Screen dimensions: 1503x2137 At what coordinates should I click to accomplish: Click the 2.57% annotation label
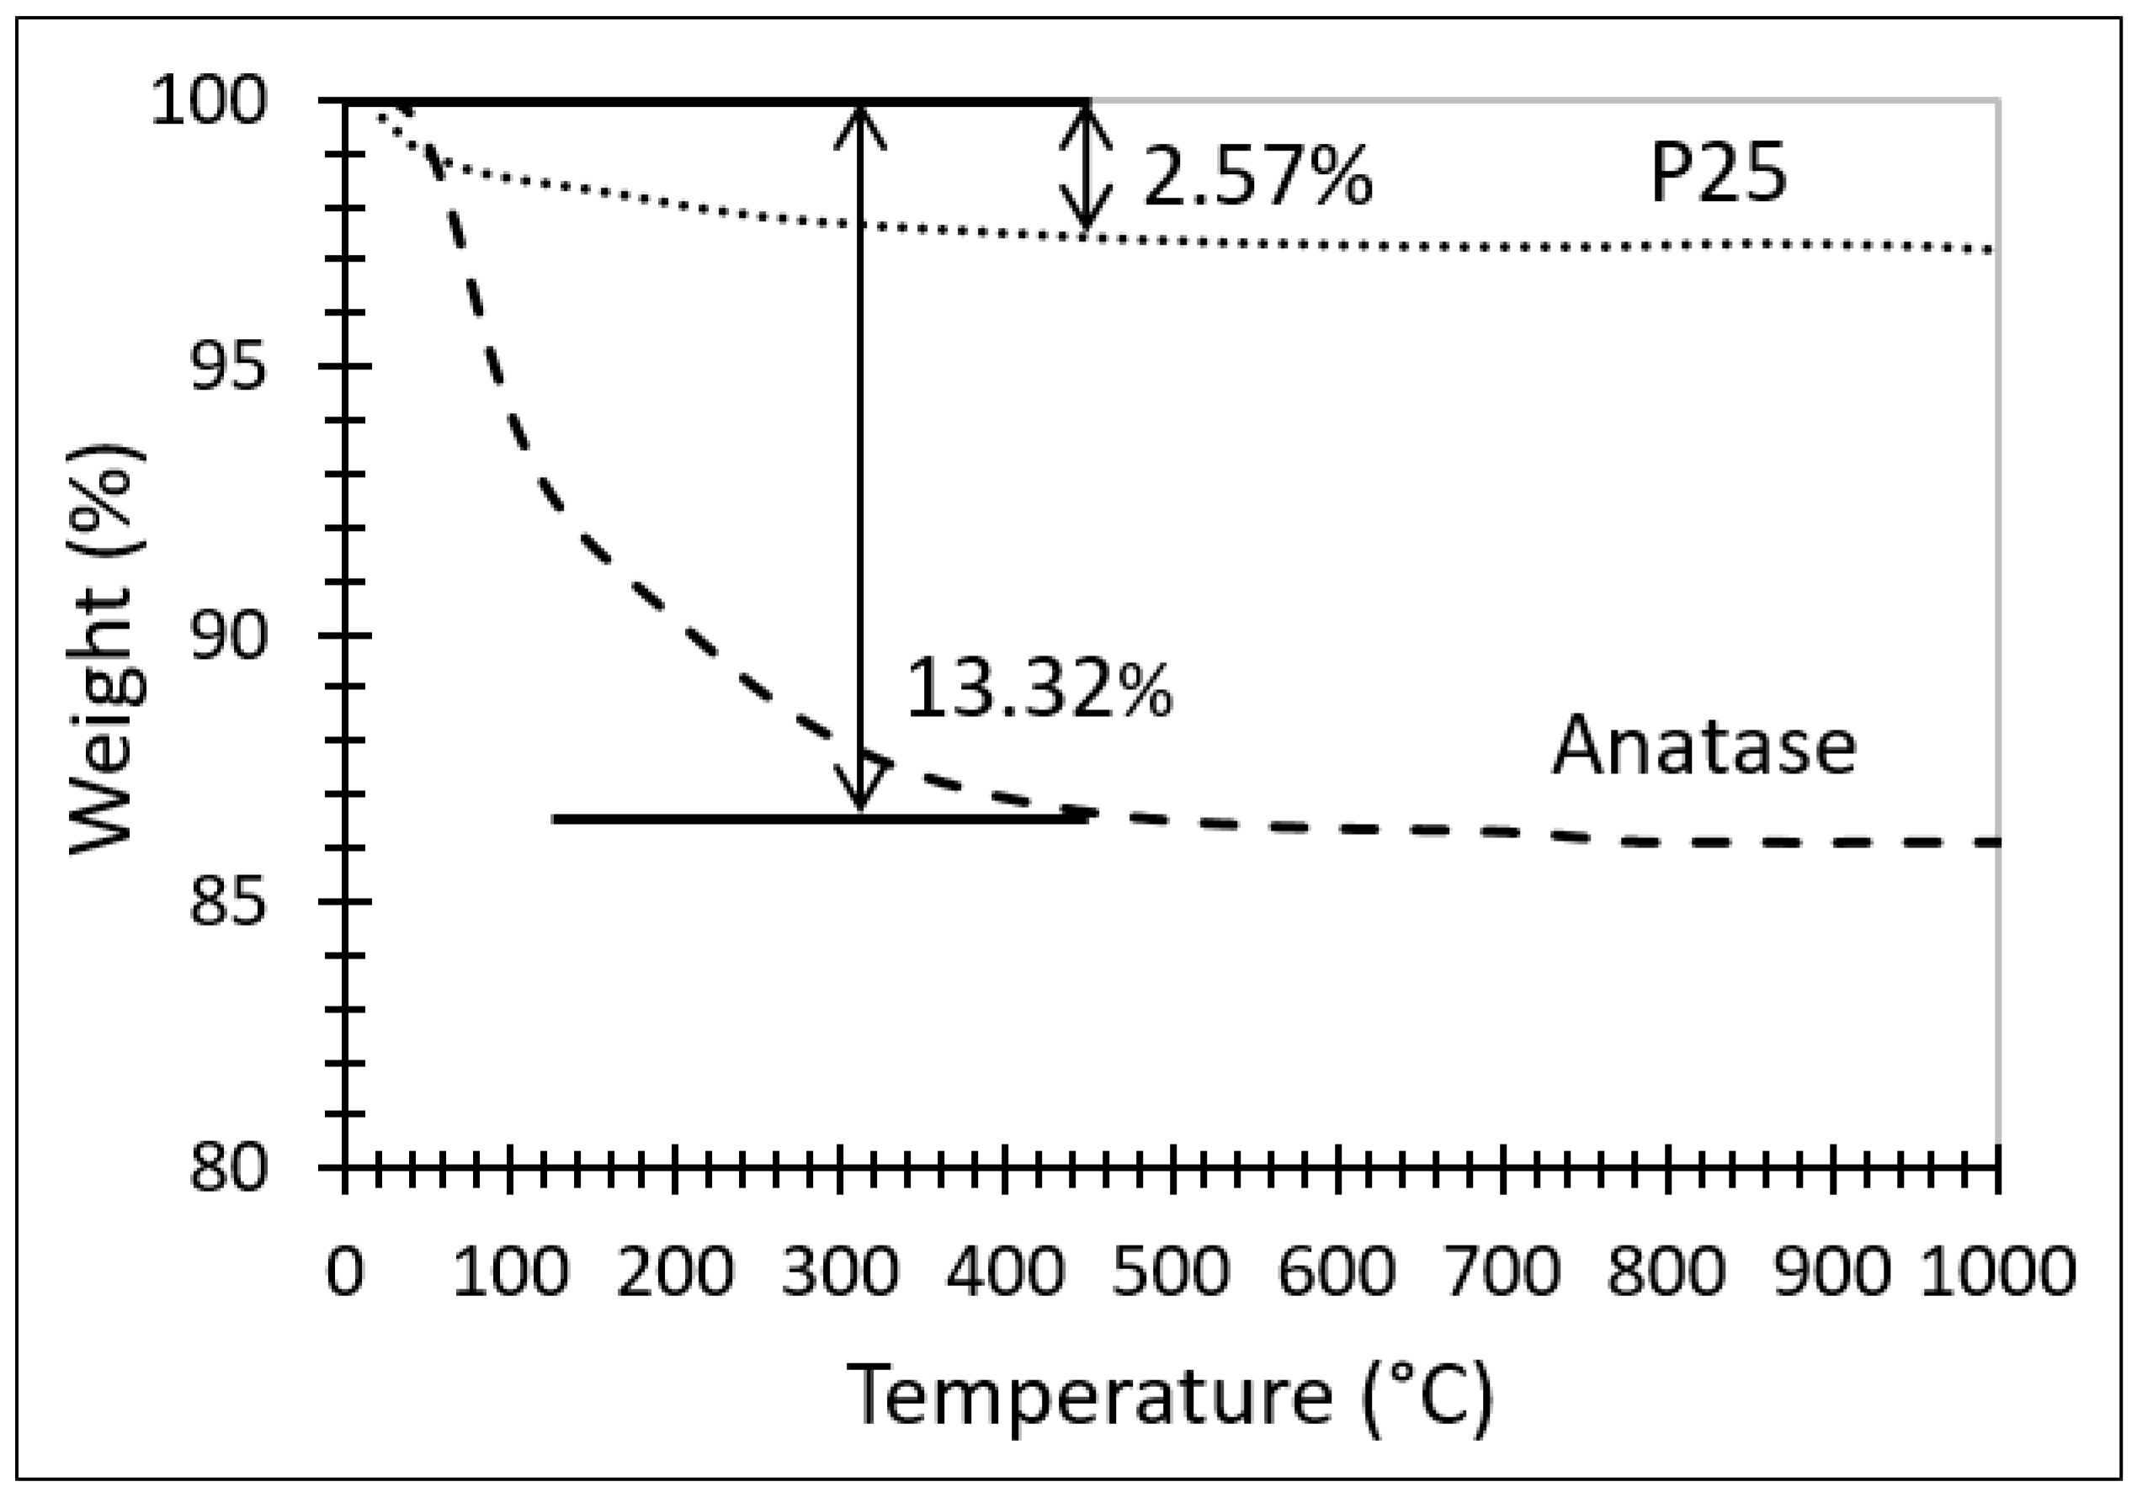[1257, 177]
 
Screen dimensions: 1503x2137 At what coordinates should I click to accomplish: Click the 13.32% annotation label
[1039, 688]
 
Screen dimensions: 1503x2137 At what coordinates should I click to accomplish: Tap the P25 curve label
[1718, 174]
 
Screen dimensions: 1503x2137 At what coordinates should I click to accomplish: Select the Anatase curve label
[1704, 746]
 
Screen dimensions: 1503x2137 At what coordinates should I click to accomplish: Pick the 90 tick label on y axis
[228, 635]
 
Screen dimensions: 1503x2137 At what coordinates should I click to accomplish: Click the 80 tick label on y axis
[228, 1167]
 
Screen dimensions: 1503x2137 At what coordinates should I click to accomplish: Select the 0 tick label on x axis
[344, 1272]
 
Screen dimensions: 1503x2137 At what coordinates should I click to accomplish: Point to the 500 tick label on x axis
[1172, 1272]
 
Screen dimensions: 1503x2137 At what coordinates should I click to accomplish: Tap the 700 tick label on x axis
[1502, 1272]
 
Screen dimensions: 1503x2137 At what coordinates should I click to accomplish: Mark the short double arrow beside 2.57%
[1084, 167]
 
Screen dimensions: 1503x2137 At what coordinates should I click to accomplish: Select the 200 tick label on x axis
[676, 1272]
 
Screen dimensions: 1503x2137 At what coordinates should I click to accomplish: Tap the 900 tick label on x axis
[1832, 1272]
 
